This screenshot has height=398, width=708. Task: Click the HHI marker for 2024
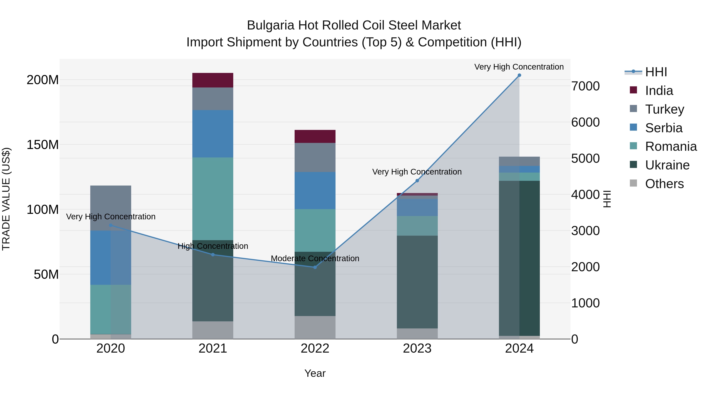coord(519,75)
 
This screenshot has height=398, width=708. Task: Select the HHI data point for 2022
coord(315,267)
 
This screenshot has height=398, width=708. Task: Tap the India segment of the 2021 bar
coord(213,80)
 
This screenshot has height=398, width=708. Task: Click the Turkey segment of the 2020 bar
coord(111,208)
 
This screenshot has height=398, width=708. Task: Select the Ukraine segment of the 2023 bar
coord(417,282)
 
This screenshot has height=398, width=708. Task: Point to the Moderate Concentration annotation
coord(315,258)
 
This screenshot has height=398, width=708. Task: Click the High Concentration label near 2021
coord(213,246)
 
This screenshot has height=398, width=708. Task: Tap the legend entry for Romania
coord(671,146)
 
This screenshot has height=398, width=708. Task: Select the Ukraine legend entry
coord(667,165)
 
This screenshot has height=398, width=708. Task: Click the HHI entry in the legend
coord(656,72)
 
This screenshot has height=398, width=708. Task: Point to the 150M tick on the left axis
coord(43,145)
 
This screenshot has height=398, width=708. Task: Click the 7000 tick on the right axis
coord(585,86)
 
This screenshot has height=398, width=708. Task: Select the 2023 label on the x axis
coord(417,348)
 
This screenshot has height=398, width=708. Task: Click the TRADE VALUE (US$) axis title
coord(6,199)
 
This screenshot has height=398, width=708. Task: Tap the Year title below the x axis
coord(315,373)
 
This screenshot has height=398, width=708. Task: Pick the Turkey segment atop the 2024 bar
coord(519,161)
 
